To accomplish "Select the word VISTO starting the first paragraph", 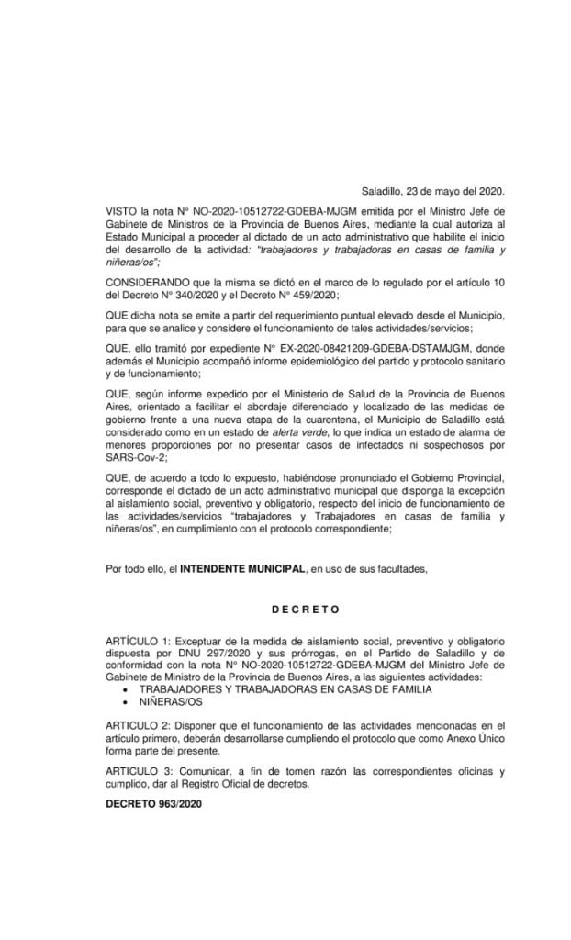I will [121, 211].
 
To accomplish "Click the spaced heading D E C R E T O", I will [306, 609].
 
